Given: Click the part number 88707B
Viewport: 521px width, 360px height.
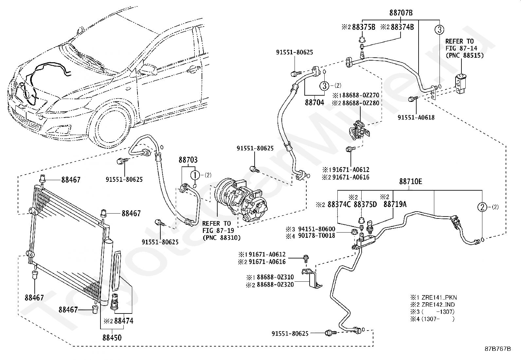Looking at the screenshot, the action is [401, 12].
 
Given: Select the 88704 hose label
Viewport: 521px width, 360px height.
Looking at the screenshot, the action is [314, 103].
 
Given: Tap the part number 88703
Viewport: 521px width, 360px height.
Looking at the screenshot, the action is [188, 160].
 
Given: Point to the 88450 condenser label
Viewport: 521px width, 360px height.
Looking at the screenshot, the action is [112, 337].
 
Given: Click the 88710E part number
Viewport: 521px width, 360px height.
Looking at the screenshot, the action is [410, 181].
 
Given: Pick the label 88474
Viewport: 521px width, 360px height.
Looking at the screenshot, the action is [124, 321].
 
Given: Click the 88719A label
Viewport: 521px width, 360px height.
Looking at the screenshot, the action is [395, 204].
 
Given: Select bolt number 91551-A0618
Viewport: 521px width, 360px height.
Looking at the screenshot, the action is [416, 117].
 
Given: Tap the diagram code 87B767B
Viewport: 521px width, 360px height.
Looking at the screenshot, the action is [498, 349].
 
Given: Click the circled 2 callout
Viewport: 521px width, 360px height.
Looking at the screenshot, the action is [482, 207].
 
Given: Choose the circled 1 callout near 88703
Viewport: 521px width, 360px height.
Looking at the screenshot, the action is [195, 175].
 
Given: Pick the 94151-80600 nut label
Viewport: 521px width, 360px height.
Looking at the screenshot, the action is [316, 229].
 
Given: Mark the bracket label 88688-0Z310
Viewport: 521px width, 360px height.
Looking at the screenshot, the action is [275, 277].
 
